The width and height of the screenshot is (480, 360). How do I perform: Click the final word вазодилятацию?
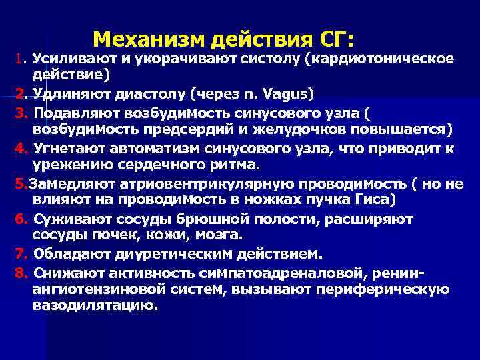(95, 306)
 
